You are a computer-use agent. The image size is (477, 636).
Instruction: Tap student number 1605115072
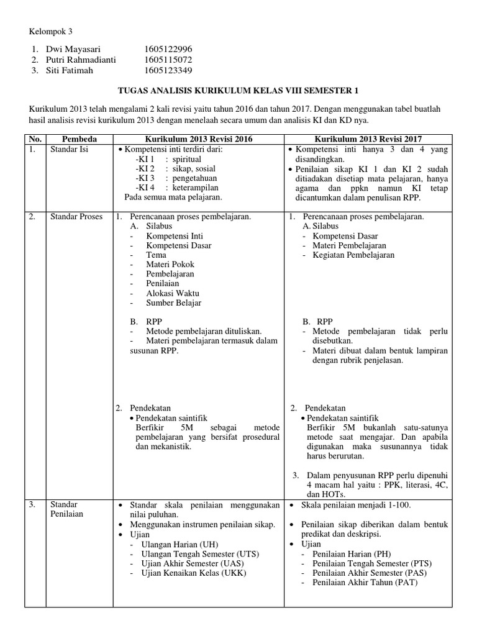point(168,60)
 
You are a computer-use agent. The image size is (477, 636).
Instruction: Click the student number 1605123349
point(168,70)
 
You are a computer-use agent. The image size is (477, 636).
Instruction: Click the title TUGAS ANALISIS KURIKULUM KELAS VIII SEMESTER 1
point(238,91)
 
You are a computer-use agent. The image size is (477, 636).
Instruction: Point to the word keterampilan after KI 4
point(195,187)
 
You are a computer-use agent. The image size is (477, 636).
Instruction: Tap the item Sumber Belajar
point(173,302)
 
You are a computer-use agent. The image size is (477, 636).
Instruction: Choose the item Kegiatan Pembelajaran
point(353,255)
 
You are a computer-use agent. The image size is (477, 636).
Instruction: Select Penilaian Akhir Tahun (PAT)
point(365,583)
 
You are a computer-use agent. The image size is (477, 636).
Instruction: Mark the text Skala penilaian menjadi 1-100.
point(356,505)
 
